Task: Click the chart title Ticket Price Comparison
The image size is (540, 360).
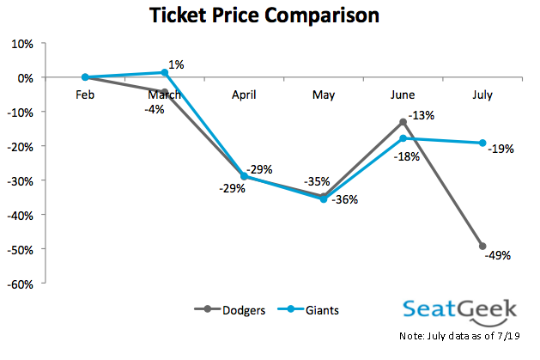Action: [x=264, y=15]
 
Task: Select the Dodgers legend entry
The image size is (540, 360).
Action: [x=230, y=310]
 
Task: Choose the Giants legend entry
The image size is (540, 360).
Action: [x=308, y=310]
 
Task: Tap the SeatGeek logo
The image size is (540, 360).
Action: [x=460, y=312]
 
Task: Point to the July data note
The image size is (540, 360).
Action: [x=459, y=336]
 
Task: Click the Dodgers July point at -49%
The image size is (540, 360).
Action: [x=482, y=246]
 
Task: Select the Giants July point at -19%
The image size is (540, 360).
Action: [x=482, y=143]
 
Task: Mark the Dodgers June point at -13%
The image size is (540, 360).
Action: [x=403, y=122]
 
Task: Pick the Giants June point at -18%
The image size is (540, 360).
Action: [x=403, y=138]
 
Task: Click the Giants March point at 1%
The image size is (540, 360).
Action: [x=165, y=72]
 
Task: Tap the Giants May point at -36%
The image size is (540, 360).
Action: [x=324, y=199]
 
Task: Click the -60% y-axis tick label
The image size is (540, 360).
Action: [x=21, y=284]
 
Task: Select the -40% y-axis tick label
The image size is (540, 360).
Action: [x=21, y=216]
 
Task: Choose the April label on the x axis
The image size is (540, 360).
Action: [x=244, y=95]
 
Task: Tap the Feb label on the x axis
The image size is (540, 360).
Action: [x=85, y=95]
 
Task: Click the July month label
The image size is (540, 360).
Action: [x=482, y=95]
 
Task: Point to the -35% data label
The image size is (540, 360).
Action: [x=317, y=181]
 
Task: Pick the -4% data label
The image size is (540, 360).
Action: [x=155, y=110]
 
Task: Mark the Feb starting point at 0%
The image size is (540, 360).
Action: [x=85, y=77]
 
